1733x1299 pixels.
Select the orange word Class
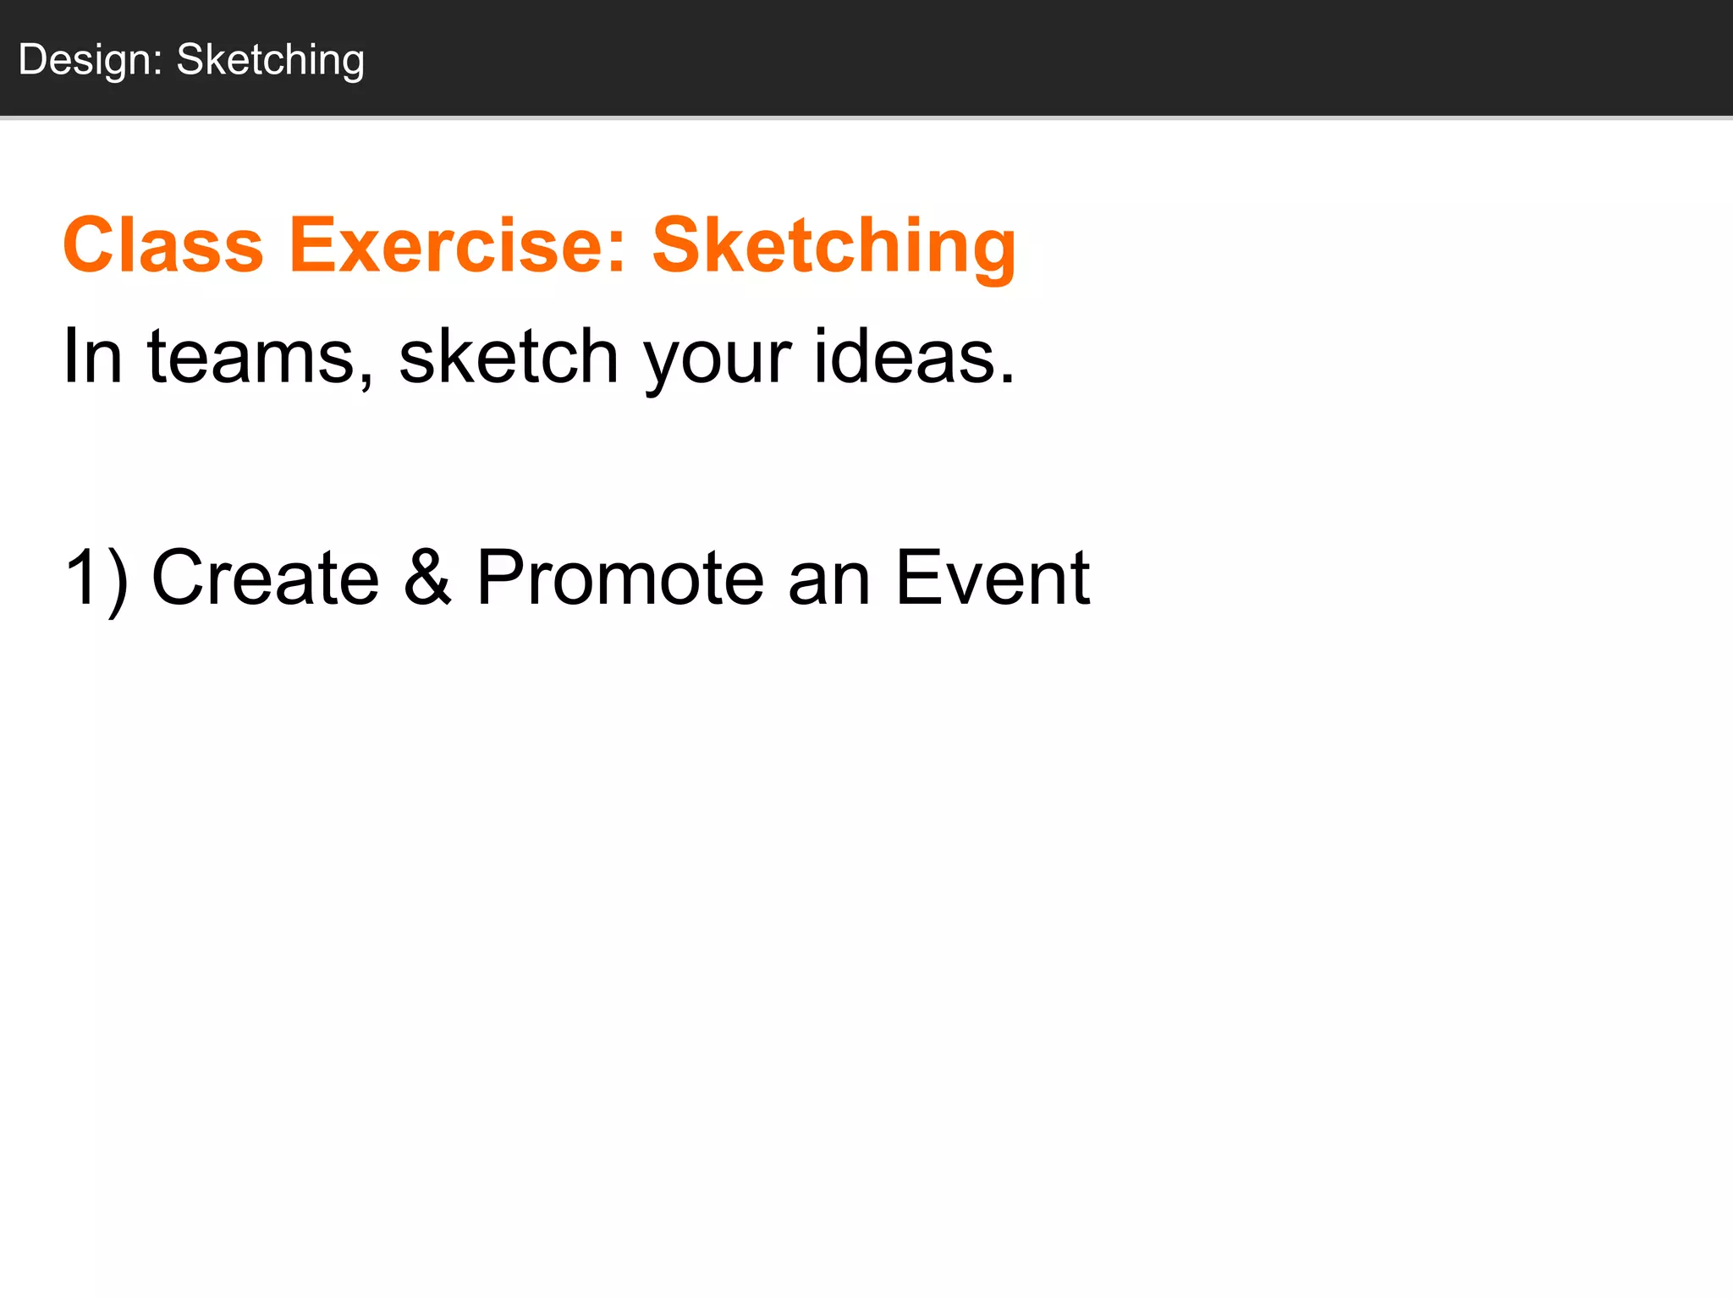tap(163, 245)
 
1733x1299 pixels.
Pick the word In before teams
tap(92, 356)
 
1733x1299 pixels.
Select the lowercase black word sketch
tap(509, 356)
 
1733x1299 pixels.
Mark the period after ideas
tap(1005, 378)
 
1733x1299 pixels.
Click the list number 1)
tap(96, 578)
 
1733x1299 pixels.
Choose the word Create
tap(265, 578)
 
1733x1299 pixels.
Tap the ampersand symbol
tap(427, 578)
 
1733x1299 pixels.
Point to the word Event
tap(993, 578)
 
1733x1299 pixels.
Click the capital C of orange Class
tap(92, 245)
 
